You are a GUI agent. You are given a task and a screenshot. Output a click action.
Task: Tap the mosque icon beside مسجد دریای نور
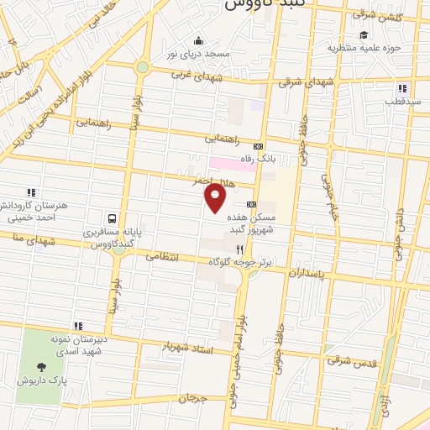point(198,40)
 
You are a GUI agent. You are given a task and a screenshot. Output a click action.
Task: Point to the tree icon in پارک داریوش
point(40,366)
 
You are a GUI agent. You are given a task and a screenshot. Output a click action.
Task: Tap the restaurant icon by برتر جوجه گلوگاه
point(240,249)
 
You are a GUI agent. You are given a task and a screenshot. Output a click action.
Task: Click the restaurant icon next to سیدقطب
point(403,88)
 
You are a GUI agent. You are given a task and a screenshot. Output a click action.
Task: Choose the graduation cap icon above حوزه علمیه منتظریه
point(364,34)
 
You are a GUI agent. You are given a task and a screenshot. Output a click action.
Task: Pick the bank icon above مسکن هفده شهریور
point(251,204)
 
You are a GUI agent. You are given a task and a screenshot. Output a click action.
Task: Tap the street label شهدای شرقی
point(302,81)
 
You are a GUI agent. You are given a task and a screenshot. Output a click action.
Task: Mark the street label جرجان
point(193,396)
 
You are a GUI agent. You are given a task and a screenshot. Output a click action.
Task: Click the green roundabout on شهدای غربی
point(143,67)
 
